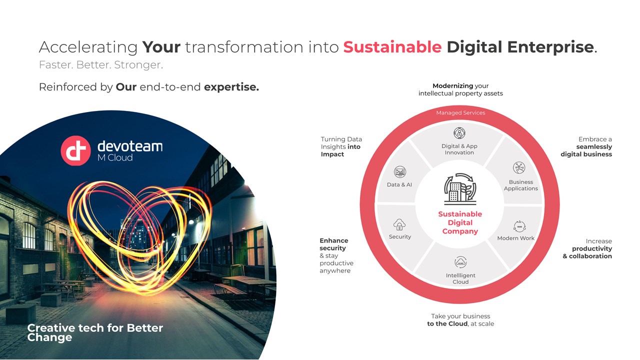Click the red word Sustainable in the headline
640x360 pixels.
(392, 47)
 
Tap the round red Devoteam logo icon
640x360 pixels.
(75, 150)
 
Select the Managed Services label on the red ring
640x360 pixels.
(460, 113)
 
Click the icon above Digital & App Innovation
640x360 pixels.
(459, 133)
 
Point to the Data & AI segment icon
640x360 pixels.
(399, 171)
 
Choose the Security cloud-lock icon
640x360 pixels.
(399, 224)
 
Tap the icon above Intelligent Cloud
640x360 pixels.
(460, 262)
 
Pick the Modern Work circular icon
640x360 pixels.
(519, 226)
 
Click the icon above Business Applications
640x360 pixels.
(519, 167)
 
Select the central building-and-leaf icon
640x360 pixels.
(460, 189)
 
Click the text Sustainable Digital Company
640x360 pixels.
(460, 222)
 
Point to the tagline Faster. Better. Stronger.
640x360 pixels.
(101, 65)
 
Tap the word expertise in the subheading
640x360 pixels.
(231, 87)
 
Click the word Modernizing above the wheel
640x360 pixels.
(452, 85)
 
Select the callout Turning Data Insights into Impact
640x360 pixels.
(341, 146)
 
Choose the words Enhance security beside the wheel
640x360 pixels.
(333, 244)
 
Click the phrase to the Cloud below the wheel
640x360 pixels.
(447, 323)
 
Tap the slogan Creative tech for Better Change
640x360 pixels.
(95, 332)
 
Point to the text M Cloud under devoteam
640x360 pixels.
(115, 157)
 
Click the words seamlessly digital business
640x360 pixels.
(586, 150)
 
